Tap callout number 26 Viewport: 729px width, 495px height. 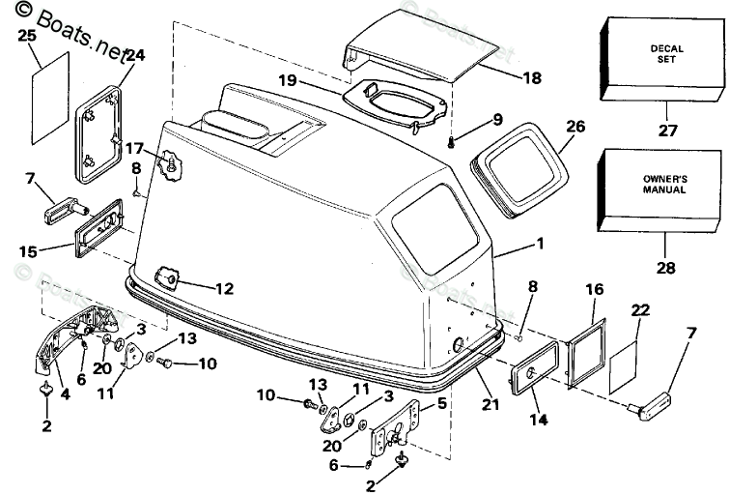click(575, 127)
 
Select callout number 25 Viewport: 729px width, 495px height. click(26, 36)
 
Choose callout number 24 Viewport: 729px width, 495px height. click(134, 55)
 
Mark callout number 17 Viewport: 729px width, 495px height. click(134, 149)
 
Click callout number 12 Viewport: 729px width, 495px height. click(224, 287)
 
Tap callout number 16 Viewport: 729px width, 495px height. click(595, 289)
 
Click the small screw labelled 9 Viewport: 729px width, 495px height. click(453, 142)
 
